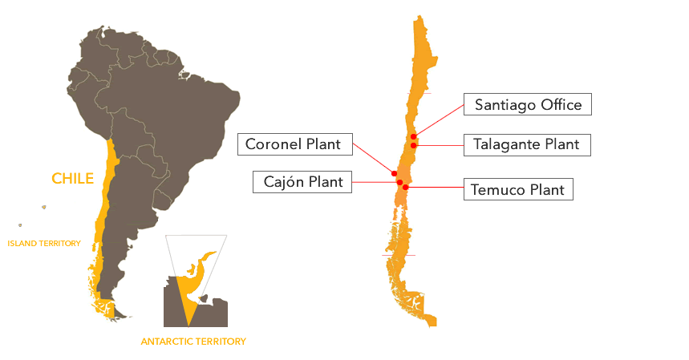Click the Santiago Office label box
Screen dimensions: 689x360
click(528, 104)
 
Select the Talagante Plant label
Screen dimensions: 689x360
click(527, 145)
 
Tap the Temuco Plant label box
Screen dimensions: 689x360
click(518, 189)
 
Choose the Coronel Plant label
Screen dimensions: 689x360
click(295, 144)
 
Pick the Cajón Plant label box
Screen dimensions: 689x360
click(302, 182)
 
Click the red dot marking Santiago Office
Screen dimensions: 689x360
click(414, 137)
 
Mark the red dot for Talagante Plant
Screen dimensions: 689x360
click(414, 145)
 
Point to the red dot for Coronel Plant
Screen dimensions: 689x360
click(394, 174)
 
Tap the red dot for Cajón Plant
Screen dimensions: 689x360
click(399, 182)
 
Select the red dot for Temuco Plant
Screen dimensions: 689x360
click(406, 188)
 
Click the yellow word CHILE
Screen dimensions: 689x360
click(72, 178)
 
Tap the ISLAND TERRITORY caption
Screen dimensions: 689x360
click(44, 243)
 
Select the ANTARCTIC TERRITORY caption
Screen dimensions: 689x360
click(193, 341)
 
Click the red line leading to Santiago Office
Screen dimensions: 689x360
click(439, 121)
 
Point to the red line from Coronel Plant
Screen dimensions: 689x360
click(373, 158)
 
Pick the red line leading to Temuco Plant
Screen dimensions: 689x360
click(435, 188)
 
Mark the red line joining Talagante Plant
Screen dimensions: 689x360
click(439, 145)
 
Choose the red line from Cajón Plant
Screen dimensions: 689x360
click(375, 182)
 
